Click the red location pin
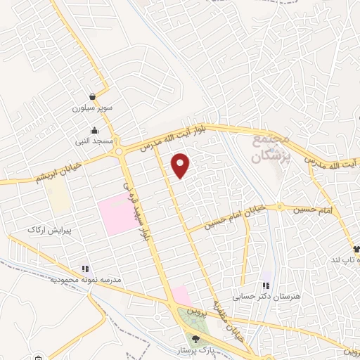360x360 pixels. click(x=181, y=165)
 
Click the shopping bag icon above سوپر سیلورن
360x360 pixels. click(x=92, y=96)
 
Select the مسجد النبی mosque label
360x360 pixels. click(x=95, y=141)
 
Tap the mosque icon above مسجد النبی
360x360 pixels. click(x=95, y=130)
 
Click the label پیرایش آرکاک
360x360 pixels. click(x=46, y=231)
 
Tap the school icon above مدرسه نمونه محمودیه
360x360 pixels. click(x=85, y=268)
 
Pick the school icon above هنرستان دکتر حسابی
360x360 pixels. click(x=266, y=285)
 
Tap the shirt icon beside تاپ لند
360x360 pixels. click(x=356, y=249)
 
